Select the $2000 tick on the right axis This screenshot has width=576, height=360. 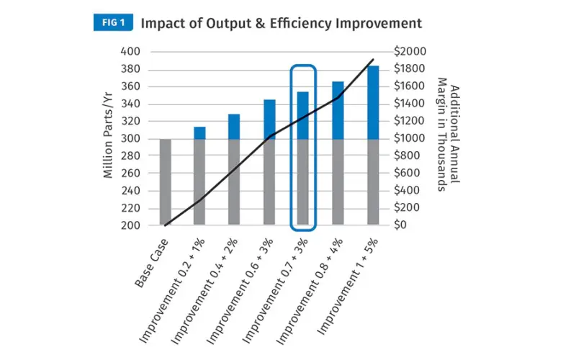point(410,52)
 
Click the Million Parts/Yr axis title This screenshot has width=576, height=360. point(108,138)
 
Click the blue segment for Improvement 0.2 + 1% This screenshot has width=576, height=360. point(199,132)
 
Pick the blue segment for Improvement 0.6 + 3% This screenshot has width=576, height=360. point(269,119)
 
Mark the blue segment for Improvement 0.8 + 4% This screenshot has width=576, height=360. point(338,110)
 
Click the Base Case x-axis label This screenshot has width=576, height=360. point(152,261)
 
